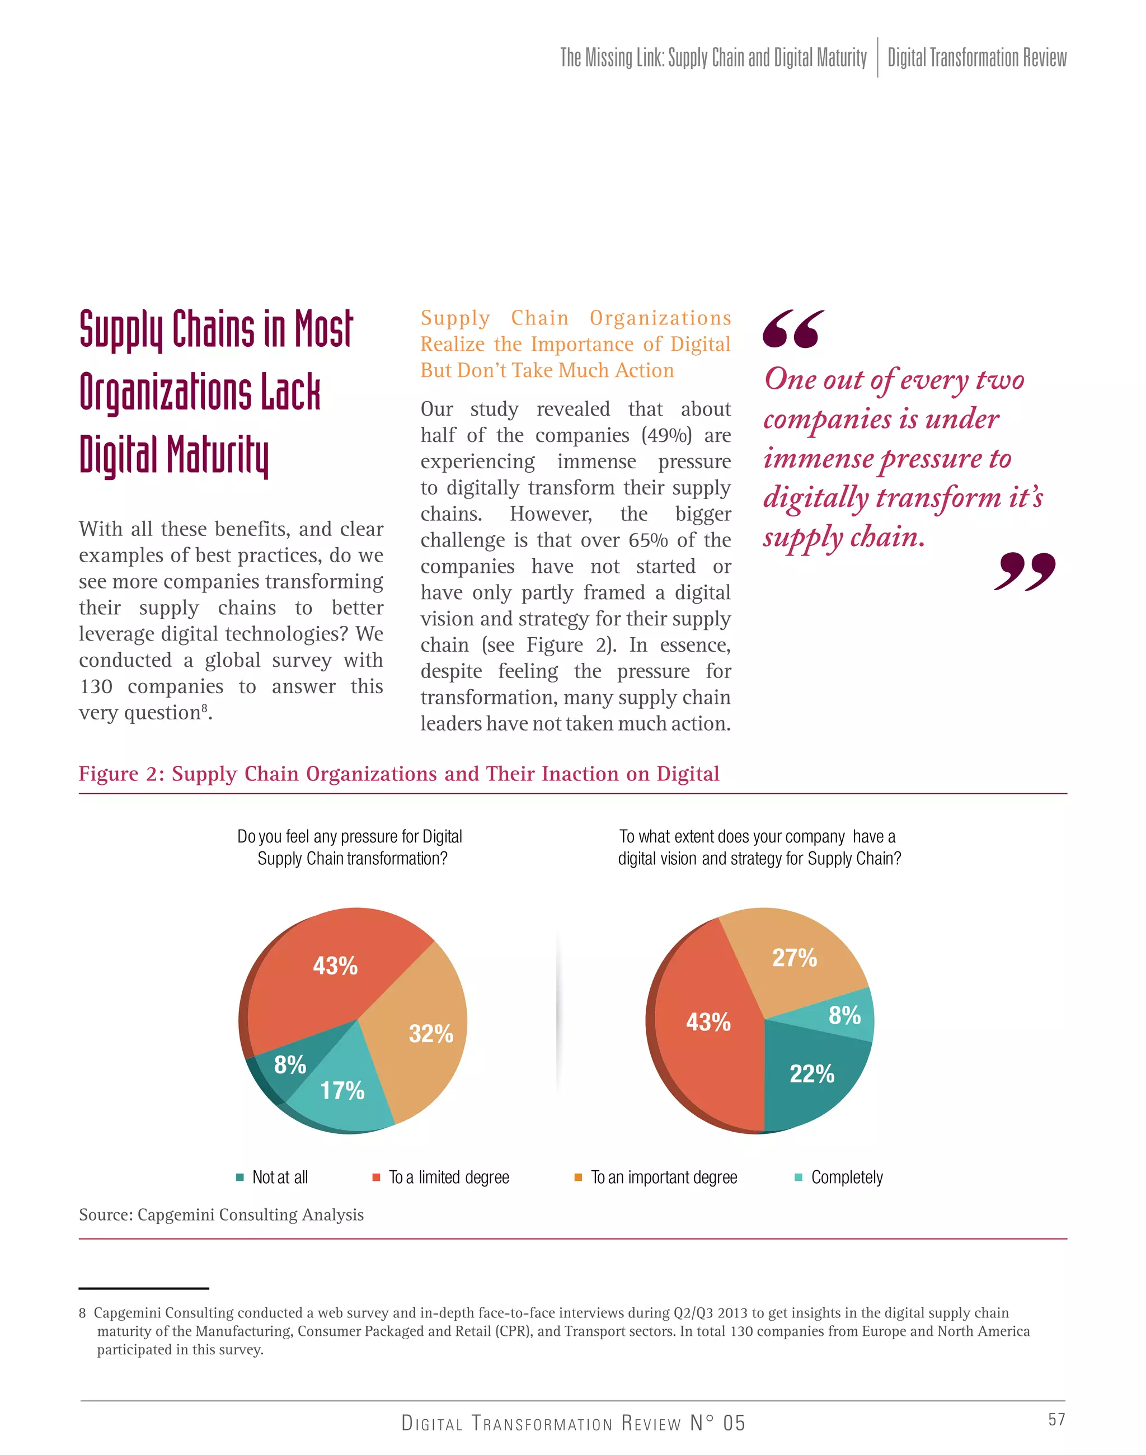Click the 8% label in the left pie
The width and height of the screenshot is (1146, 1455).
click(290, 1065)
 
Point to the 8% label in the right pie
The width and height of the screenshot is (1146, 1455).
click(844, 1015)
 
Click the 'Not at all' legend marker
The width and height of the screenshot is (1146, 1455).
click(240, 1178)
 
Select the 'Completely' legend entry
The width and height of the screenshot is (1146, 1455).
click(846, 1178)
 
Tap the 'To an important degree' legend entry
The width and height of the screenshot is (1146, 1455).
click(663, 1178)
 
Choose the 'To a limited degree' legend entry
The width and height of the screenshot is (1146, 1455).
click(448, 1178)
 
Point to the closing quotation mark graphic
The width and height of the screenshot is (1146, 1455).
click(1024, 572)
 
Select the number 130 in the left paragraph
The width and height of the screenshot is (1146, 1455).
click(95, 686)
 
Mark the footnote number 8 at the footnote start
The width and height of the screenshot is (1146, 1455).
click(82, 1313)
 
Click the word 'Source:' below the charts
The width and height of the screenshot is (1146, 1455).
click(105, 1215)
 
